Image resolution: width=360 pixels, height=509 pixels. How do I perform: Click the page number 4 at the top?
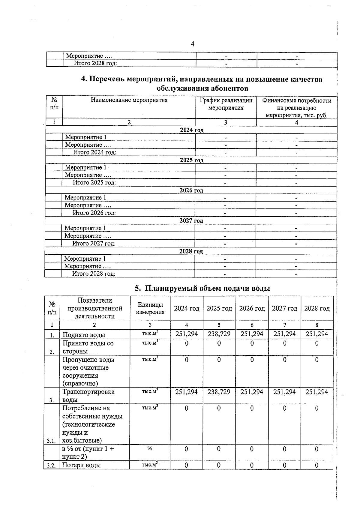click(193, 44)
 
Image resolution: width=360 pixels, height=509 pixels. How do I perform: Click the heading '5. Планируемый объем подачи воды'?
click(202, 288)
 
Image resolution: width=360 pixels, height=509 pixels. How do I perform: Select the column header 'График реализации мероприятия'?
click(226, 104)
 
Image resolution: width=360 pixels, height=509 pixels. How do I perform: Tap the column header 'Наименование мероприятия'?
click(129, 100)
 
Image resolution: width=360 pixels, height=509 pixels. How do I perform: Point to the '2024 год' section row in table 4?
click(192, 130)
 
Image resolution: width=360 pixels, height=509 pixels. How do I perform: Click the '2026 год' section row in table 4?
click(191, 190)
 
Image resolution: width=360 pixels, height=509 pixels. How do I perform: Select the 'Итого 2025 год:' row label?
click(94, 182)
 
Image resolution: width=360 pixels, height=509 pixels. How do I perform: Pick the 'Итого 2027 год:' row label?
click(94, 243)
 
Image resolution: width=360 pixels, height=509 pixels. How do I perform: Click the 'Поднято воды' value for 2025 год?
click(219, 334)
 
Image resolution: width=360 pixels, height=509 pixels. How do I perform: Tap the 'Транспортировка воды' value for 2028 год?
click(317, 392)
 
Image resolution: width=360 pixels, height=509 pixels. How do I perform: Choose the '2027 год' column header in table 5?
click(284, 308)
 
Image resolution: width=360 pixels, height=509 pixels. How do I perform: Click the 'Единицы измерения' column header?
click(150, 308)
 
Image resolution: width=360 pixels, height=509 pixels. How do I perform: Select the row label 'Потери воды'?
click(81, 465)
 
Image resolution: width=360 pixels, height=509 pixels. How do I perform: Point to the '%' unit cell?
click(150, 448)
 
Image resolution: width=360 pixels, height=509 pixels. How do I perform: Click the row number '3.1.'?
click(51, 441)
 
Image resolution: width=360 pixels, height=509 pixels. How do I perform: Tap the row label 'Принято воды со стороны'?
click(88, 347)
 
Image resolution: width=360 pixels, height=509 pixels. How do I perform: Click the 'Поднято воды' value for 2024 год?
click(187, 334)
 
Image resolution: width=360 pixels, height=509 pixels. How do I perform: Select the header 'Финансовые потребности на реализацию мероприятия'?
click(297, 108)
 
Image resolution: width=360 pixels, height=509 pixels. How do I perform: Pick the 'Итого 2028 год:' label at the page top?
click(95, 63)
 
